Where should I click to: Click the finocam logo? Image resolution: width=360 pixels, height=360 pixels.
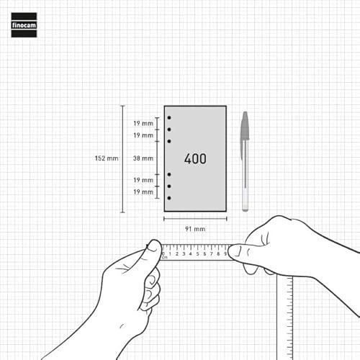coord(24,25)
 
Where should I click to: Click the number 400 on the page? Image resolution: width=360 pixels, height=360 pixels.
coord(195,158)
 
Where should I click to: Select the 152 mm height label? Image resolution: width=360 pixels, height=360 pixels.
coord(107,158)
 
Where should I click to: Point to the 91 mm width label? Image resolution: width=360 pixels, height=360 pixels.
coord(195,229)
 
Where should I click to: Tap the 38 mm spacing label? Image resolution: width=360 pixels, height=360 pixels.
coord(143,158)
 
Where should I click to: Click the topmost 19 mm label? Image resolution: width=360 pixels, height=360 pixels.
coord(143,124)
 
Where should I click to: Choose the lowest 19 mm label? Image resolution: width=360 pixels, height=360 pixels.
coord(143,192)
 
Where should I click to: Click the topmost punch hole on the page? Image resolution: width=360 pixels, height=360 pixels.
coord(169,117)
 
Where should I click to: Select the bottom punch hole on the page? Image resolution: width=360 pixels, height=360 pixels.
coord(169,198)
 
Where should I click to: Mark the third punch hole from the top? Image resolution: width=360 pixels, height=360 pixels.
coord(169,141)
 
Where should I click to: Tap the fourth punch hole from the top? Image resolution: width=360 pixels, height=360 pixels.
coord(169,174)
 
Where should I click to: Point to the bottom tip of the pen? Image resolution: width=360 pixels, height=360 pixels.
coord(245,211)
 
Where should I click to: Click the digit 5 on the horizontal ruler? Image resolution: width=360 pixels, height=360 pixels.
coord(198,254)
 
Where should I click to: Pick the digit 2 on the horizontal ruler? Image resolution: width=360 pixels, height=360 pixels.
coord(177,254)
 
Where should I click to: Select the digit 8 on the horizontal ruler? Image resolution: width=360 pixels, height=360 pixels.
coord(218,254)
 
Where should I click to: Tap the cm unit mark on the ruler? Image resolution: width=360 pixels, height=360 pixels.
coord(165,258)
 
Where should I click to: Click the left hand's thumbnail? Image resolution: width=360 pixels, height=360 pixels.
coord(153,246)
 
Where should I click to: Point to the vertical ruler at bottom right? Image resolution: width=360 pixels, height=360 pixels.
coord(285,318)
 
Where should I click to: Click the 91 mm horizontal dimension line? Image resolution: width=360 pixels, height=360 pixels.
coord(195,219)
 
